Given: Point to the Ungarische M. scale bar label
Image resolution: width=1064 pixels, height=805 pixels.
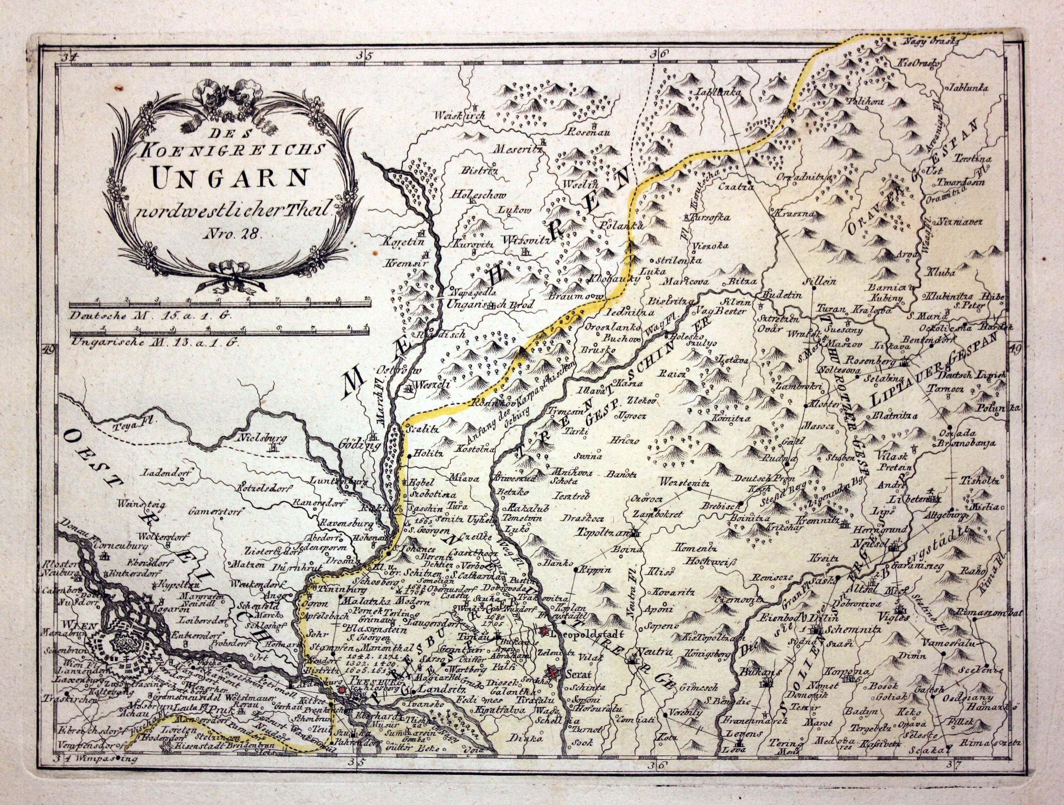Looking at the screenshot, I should pos(155,343).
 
